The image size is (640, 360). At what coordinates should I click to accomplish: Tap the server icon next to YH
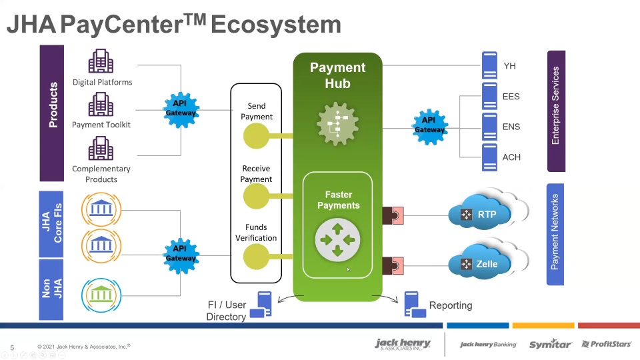(x=490, y=66)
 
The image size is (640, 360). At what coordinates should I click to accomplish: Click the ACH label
(x=511, y=157)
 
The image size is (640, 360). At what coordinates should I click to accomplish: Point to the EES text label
(x=511, y=97)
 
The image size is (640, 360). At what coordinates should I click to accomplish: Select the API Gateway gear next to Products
(x=181, y=109)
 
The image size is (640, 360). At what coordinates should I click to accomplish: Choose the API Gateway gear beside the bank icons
(x=181, y=253)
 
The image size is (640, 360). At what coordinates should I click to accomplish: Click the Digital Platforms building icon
(x=101, y=62)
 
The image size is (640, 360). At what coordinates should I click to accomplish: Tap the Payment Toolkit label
(x=101, y=125)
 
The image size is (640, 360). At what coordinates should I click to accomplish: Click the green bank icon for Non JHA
(x=101, y=293)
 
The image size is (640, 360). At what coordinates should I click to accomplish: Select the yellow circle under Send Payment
(x=256, y=137)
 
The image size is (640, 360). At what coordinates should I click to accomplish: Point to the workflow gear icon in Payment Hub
(x=337, y=124)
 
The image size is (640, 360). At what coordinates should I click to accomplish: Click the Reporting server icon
(x=414, y=305)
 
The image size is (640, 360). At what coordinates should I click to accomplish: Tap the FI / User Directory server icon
(x=261, y=304)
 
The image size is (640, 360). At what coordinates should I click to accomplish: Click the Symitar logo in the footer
(x=550, y=344)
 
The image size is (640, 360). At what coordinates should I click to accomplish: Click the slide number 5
(x=12, y=347)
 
